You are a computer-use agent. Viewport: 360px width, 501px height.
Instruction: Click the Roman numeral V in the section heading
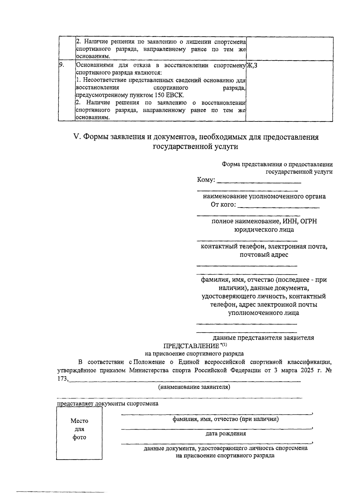pos(76,137)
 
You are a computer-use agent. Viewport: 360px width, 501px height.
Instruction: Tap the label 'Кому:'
pos(206,180)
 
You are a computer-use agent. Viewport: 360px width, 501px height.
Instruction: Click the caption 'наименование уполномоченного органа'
pos(264,197)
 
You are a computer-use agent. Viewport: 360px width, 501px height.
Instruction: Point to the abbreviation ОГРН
pos(309,221)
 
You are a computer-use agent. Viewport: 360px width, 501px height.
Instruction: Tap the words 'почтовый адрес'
pos(264,255)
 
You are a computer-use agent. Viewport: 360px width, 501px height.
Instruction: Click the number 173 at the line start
pos(62,379)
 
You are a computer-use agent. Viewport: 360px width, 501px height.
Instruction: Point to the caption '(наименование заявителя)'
pos(194,387)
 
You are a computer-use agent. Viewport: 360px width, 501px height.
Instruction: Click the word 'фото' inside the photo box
pos(79,437)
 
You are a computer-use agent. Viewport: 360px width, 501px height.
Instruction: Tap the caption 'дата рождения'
pos(226,434)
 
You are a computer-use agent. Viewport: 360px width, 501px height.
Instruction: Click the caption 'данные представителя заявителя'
pos(263,338)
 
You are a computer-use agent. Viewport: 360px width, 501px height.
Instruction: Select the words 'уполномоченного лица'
pos(263,313)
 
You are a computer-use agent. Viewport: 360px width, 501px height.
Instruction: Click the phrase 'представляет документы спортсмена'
pos(108,404)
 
